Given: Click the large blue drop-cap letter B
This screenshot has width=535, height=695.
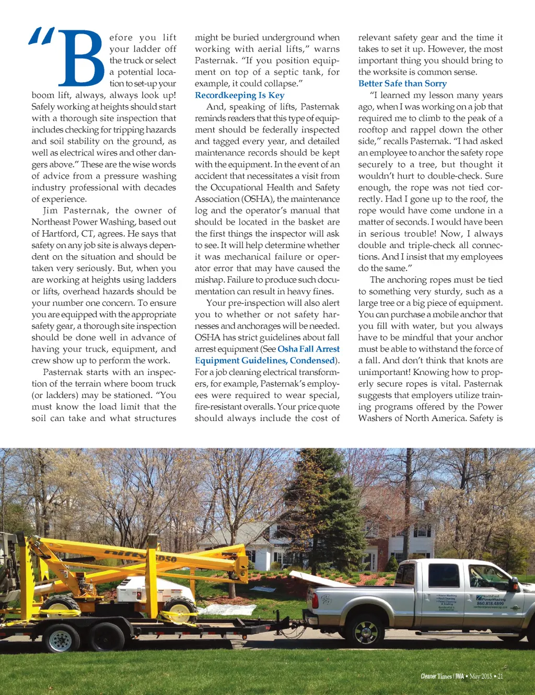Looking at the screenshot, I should tap(81, 58).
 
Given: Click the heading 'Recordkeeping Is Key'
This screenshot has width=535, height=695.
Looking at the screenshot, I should tap(239, 95).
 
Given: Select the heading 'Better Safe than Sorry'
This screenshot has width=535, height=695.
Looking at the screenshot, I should tap(402, 84).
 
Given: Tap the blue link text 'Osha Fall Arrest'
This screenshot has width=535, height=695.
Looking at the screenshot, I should tap(308, 349).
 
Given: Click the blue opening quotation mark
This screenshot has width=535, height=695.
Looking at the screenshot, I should tap(41, 36).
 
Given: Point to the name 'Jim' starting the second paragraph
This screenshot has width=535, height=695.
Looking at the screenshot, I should tap(50, 210).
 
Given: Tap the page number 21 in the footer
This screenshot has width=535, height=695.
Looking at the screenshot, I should tap(500, 676).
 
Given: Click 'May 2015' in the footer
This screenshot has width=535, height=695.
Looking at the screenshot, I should tap(481, 676).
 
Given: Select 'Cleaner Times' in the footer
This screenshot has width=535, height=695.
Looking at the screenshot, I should tap(436, 676).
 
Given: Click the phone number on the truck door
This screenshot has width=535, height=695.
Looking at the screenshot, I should tap(490, 603).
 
